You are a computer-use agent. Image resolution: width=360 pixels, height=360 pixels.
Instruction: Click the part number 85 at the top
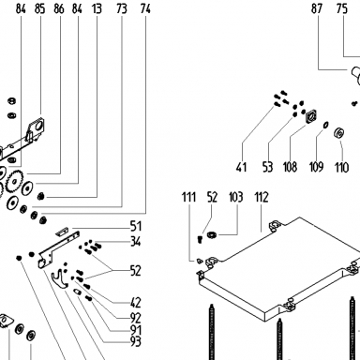tap(40, 8)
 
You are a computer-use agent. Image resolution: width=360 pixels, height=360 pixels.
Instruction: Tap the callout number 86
tap(59, 8)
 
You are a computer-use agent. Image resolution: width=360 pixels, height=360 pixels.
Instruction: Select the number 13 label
tap(97, 8)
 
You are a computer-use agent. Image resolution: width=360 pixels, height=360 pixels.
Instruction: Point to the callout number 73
tap(122, 8)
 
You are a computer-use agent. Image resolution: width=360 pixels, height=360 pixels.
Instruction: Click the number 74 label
tap(145, 8)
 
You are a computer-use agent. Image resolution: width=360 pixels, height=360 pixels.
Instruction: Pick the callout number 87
tap(317, 8)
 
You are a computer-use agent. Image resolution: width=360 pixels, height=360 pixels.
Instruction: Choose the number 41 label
tap(241, 167)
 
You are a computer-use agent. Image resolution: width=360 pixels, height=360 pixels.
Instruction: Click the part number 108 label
tap(290, 167)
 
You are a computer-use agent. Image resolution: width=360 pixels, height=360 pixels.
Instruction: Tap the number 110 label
tap(341, 167)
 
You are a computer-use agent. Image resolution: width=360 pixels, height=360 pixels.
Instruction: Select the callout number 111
tap(188, 197)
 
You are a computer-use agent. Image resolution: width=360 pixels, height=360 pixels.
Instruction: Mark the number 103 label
tap(235, 197)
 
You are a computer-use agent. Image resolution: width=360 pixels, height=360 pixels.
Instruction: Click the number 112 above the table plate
tap(262, 197)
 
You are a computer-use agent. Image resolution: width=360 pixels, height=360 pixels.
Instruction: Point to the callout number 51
tap(136, 226)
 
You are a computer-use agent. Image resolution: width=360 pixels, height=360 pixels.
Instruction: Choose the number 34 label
tap(136, 242)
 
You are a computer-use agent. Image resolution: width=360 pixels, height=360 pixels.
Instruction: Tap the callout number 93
tap(136, 341)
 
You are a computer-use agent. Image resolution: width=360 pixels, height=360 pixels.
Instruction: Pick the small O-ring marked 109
tap(325, 125)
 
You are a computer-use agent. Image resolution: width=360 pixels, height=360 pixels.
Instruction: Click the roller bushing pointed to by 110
tap(339, 133)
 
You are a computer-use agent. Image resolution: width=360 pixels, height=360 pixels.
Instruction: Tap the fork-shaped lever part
tap(59, 279)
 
